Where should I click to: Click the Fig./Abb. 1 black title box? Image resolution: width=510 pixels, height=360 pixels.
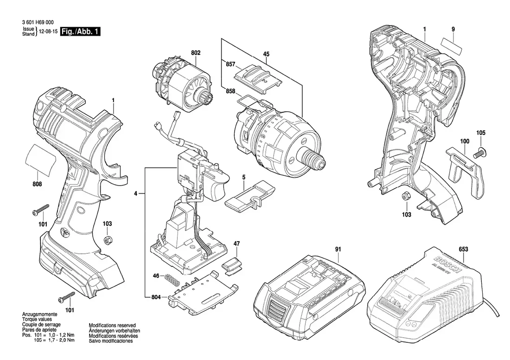81,32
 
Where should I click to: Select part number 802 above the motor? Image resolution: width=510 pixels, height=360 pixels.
196,53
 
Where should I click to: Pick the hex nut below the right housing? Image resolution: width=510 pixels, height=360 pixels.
405,197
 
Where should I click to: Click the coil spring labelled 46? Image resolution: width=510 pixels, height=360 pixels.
172,280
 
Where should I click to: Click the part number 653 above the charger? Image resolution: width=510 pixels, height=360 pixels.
463,250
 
